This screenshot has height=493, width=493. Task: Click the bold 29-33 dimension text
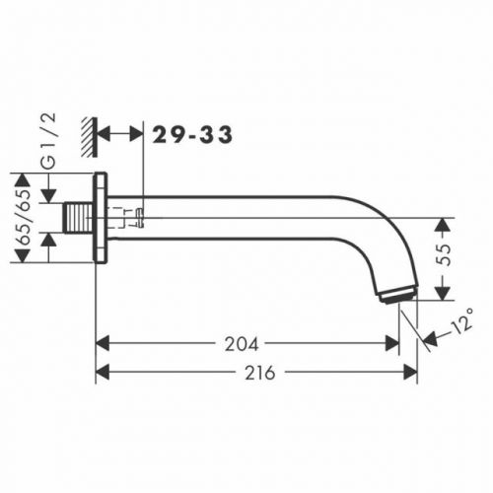(192, 135)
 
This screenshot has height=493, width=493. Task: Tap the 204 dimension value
(242, 344)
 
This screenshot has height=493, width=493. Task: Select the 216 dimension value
(259, 373)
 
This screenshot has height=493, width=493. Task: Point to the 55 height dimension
(444, 254)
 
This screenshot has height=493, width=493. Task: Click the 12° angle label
(461, 320)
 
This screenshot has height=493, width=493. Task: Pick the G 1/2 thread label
(50, 141)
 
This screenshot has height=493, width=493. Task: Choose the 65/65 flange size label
(25, 217)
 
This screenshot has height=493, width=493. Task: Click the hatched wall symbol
(89, 137)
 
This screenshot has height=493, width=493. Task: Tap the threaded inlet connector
(78, 218)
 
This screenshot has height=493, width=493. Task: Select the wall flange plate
(101, 218)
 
